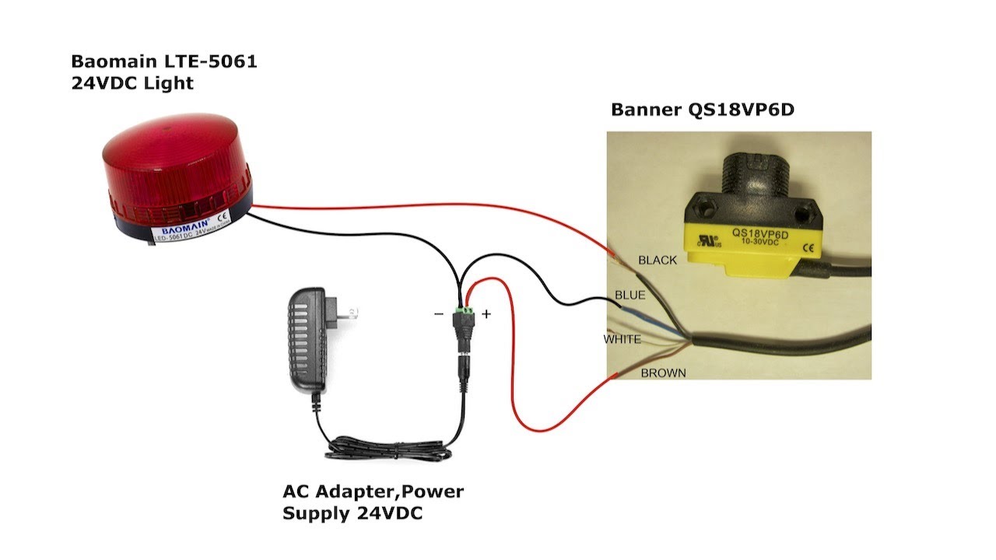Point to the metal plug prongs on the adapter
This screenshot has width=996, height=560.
point(349,312)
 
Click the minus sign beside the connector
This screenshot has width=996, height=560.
point(439,314)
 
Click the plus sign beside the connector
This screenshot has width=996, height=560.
point(486,314)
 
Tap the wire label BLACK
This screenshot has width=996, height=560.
point(658,261)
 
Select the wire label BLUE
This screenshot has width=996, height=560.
point(630,296)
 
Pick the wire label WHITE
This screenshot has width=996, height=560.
point(622,339)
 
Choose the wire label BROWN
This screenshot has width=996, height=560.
point(663,373)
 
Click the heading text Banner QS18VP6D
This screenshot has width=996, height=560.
point(702,110)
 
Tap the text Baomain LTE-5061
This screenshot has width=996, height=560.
point(163,61)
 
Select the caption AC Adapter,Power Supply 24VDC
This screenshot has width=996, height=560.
point(373,502)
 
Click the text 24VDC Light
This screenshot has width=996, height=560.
point(132,82)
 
